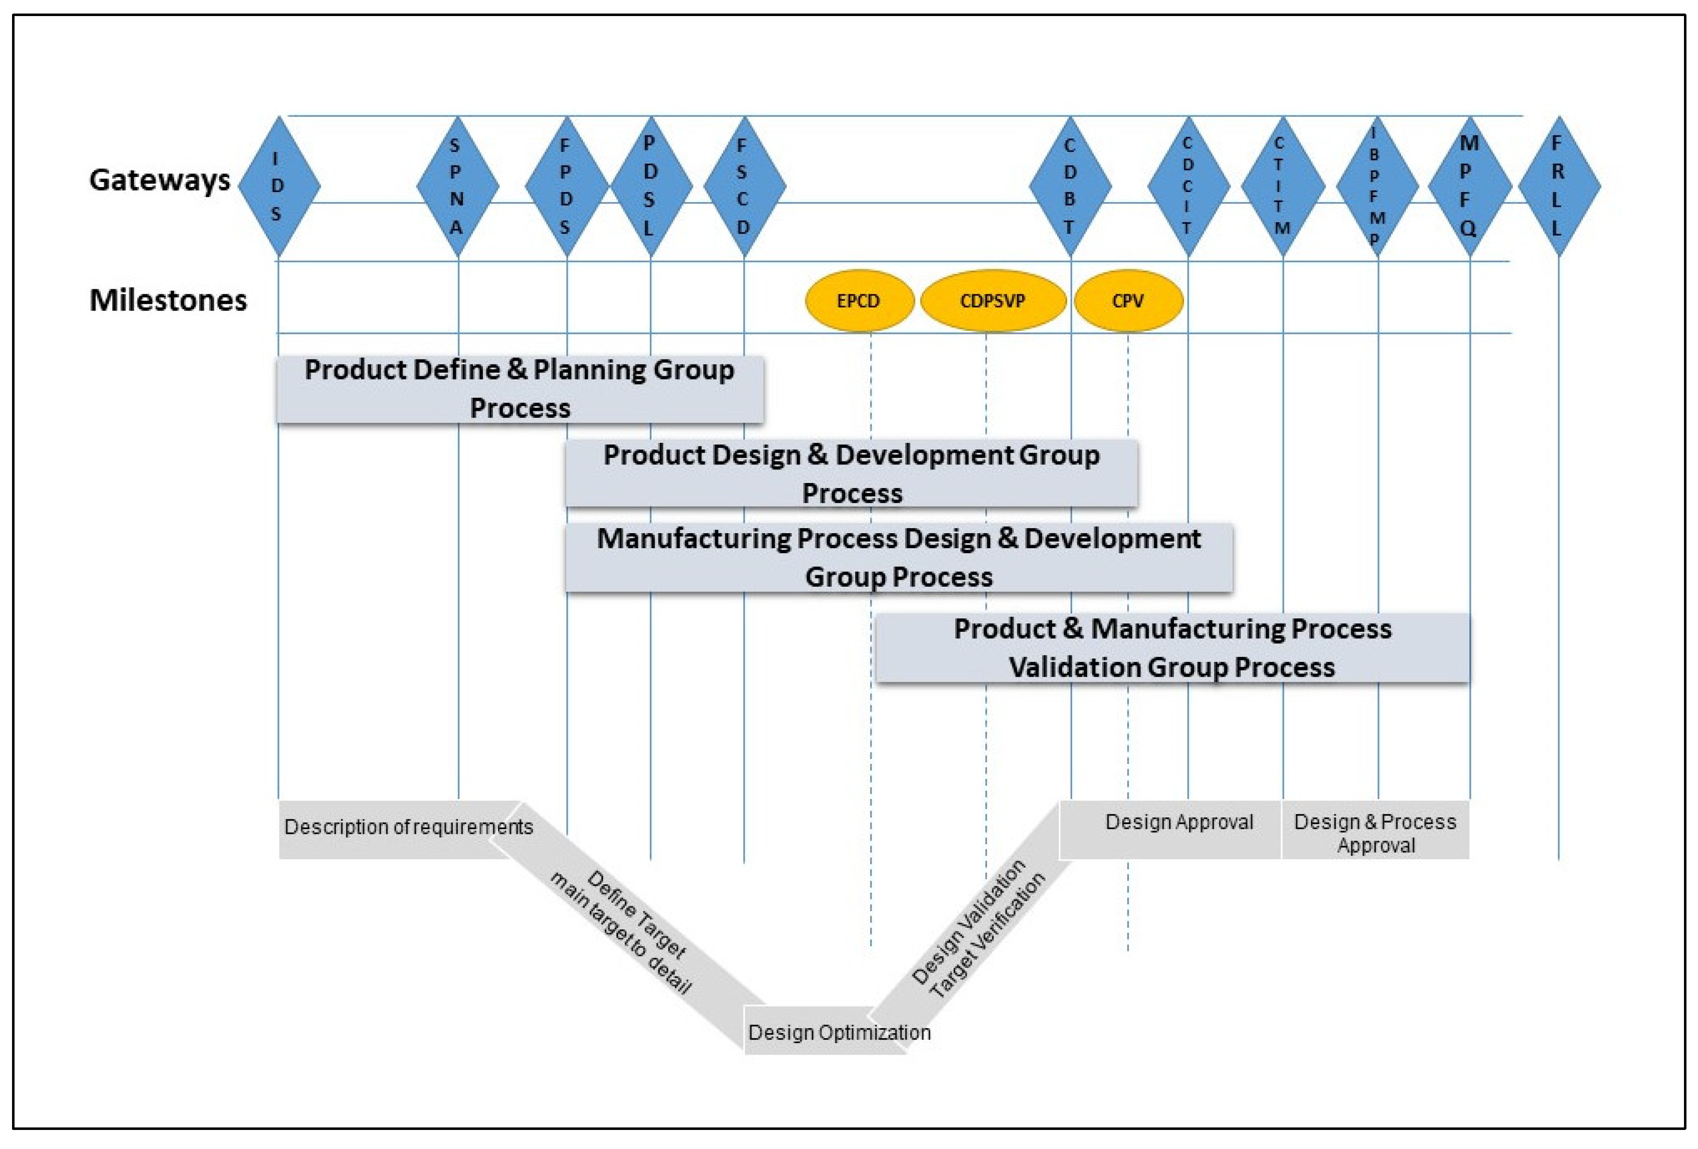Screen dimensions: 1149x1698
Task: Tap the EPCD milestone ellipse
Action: (859, 300)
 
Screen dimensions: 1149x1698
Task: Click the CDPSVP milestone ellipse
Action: (992, 300)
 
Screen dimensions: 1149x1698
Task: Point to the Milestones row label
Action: (168, 300)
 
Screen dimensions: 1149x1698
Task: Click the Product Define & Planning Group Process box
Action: (520, 389)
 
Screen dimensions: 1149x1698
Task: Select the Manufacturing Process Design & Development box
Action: (899, 557)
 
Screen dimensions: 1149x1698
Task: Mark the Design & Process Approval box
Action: (1375, 832)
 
